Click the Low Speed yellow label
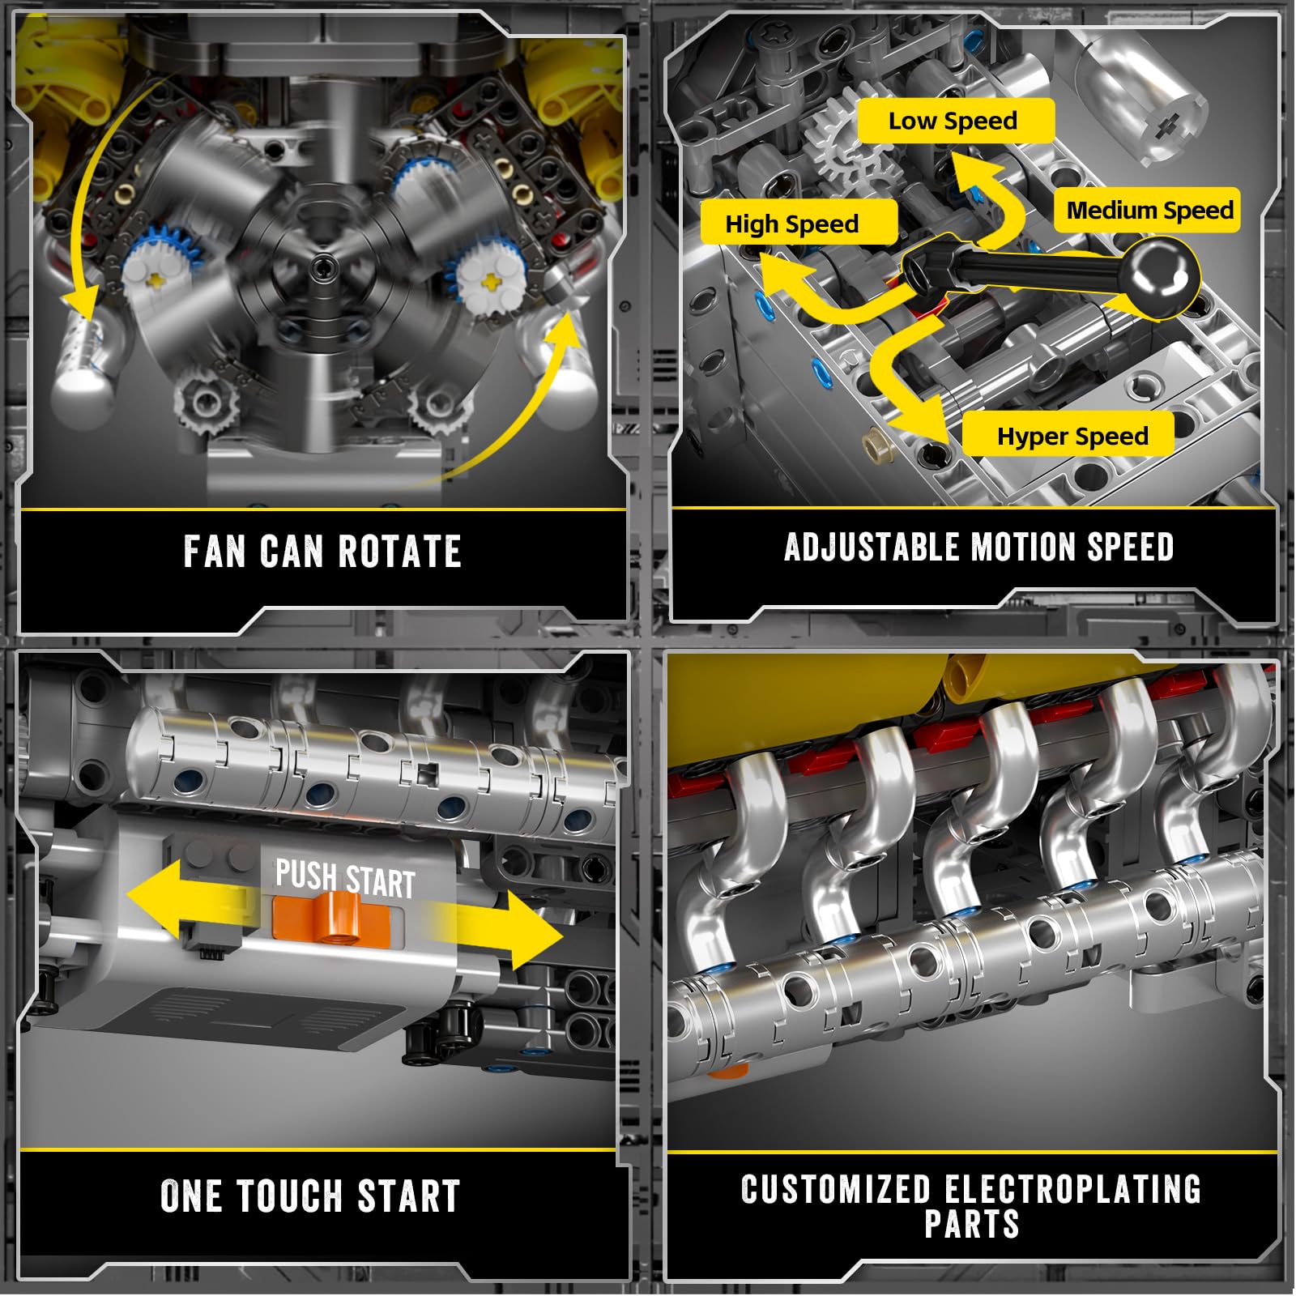pyautogui.click(x=956, y=121)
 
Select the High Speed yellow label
pyautogui.click(x=799, y=223)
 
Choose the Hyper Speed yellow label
pyautogui.click(x=1068, y=435)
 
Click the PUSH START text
pyautogui.click(x=345, y=878)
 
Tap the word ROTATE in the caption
pyautogui.click(x=399, y=552)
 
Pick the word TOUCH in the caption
pyautogui.click(x=288, y=1196)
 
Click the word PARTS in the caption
pyautogui.click(x=971, y=1224)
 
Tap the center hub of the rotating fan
pyautogui.click(x=323, y=266)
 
